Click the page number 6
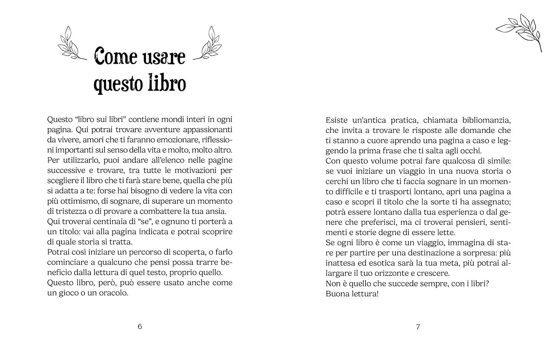(140, 326)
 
